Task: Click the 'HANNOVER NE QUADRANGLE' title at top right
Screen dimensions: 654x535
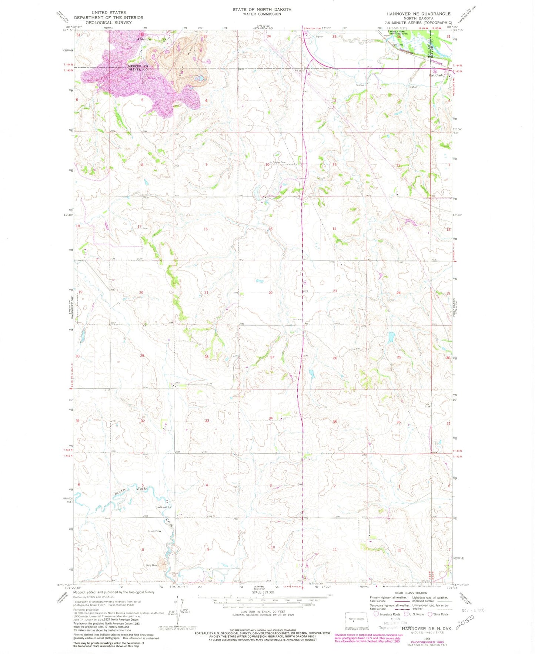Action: [418, 14]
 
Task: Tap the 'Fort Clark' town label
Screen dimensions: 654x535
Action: [435, 75]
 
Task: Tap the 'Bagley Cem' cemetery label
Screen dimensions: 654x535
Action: [279, 162]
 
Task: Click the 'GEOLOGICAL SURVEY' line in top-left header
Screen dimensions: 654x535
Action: [108, 23]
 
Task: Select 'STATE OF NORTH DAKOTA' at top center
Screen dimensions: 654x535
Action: [262, 9]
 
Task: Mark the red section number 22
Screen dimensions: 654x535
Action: [271, 292]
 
